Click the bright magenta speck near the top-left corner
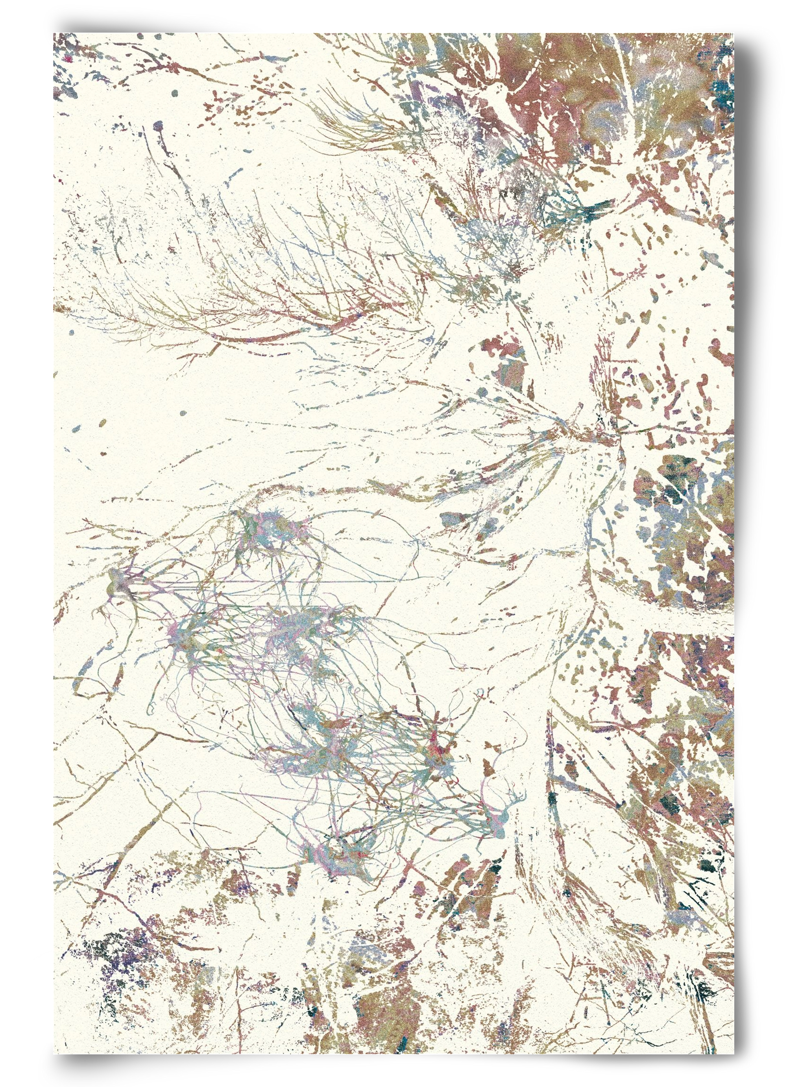point(68,59)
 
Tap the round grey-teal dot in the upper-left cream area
point(174,92)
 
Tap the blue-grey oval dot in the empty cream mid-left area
point(183,413)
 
